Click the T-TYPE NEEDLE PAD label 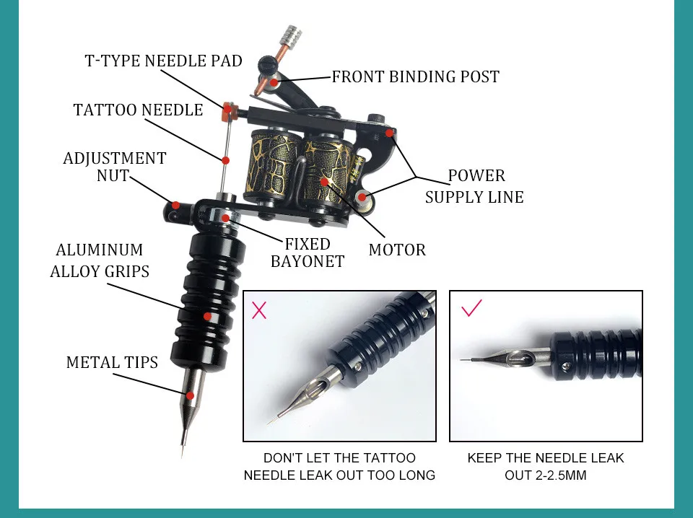coord(163,61)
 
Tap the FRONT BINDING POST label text coord(415,77)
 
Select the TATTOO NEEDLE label coord(138,110)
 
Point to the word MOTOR coord(397,250)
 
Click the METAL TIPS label coord(112,362)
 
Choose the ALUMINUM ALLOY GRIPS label coord(100,260)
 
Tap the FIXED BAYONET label coord(308,253)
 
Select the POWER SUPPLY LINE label coord(474,186)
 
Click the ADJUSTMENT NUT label coord(115,166)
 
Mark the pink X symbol coord(259,311)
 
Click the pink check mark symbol coord(471,309)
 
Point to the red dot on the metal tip coord(190,395)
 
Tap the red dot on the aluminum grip coord(208,316)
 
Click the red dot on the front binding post coord(275,83)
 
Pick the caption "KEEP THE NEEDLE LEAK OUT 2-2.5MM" coord(545,467)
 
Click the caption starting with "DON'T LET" coord(339,467)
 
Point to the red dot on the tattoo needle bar coord(226,160)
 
